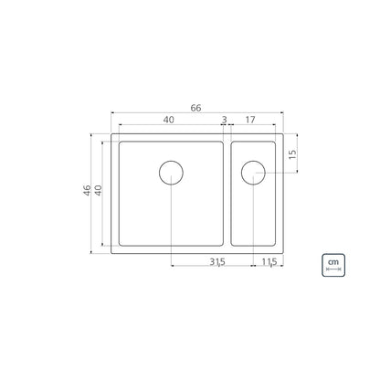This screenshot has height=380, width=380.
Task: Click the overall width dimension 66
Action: pyautogui.click(x=195, y=108)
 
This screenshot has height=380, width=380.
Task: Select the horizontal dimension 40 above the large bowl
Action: pyautogui.click(x=169, y=120)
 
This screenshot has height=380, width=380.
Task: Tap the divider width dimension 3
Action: pyautogui.click(x=225, y=120)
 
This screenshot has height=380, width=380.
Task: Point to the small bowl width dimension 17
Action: pyautogui.click(x=250, y=120)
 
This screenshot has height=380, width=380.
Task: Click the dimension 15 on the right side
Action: pyautogui.click(x=292, y=154)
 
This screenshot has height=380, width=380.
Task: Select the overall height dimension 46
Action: pyautogui.click(x=87, y=190)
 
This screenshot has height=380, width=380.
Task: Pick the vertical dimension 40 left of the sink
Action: pyautogui.click(x=98, y=190)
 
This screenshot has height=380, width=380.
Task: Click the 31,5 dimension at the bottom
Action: pyautogui.click(x=217, y=262)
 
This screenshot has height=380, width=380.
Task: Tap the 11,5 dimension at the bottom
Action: pyautogui.click(x=269, y=262)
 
